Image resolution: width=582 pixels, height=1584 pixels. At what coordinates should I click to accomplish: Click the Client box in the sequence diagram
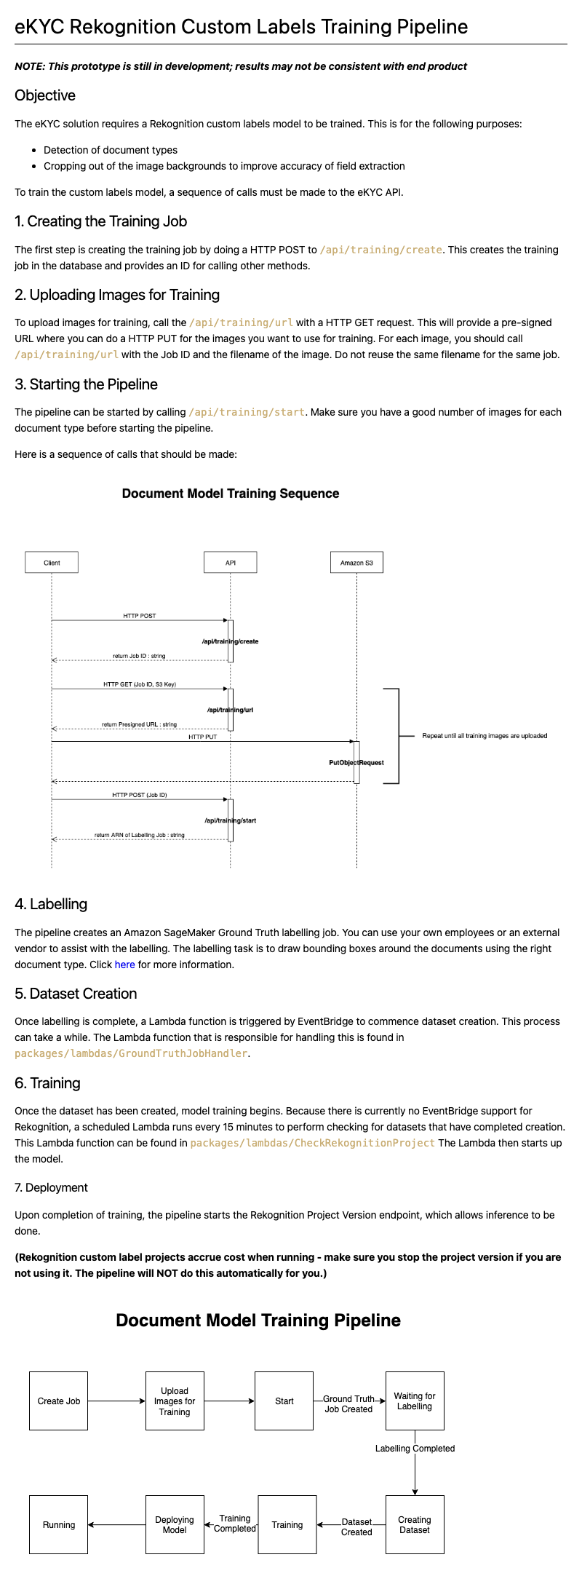[x=52, y=563]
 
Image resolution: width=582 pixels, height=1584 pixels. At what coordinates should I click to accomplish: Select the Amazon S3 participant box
[x=356, y=563]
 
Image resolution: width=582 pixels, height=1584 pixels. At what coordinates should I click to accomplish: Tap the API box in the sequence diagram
[x=231, y=563]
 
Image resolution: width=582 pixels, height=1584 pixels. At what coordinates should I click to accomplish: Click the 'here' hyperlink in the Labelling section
[x=125, y=965]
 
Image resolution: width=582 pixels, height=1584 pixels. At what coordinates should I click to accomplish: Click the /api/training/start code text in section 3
[x=247, y=412]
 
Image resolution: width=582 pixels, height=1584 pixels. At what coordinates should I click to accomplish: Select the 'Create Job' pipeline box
[x=59, y=1401]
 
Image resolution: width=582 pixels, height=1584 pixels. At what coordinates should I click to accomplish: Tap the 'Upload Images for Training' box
[x=175, y=1401]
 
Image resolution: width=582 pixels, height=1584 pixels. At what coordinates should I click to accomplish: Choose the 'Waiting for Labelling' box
[x=415, y=1401]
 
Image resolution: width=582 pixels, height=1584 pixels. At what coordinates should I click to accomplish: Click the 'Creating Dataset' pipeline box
[x=415, y=1524]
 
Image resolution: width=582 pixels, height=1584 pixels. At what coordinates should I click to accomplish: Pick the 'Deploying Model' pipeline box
[x=175, y=1524]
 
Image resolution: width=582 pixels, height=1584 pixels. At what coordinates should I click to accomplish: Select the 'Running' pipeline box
[x=59, y=1524]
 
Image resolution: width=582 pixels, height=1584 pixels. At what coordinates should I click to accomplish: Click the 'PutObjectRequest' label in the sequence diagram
[x=356, y=763]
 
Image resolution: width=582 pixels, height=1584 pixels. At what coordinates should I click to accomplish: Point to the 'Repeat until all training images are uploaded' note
[x=485, y=736]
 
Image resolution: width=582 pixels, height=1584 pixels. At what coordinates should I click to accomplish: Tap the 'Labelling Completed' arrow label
[x=415, y=1449]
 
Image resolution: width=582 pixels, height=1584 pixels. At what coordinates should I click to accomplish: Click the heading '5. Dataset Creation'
[x=76, y=994]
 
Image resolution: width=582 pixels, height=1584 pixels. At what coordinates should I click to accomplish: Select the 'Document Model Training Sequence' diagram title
[x=231, y=494]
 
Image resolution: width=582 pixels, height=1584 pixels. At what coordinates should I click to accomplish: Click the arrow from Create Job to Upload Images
[x=116, y=1401]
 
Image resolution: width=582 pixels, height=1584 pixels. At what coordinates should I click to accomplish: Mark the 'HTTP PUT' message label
[x=203, y=737]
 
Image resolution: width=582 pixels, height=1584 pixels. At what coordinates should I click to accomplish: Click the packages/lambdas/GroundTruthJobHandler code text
[x=132, y=1053]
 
